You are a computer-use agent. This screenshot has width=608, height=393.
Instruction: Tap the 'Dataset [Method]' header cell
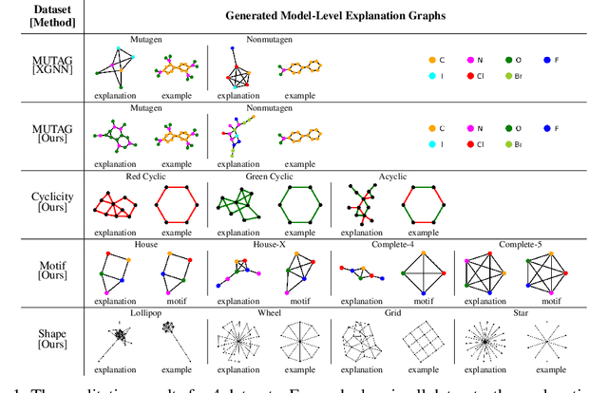pos(44,15)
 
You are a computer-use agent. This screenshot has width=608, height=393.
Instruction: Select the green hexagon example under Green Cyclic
pos(298,205)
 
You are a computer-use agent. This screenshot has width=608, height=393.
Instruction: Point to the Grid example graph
pos(421,340)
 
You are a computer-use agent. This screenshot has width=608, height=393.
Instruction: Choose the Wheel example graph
pos(298,340)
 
